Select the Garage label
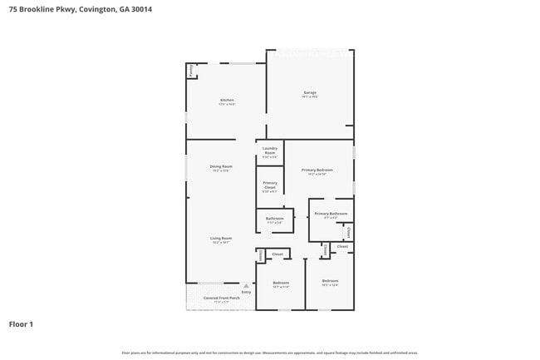(x=309, y=92)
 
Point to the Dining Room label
(x=221, y=166)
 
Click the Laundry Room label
(x=270, y=150)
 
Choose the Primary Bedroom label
(x=319, y=170)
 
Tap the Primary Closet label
(x=270, y=185)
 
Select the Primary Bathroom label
(x=331, y=214)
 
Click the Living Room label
(x=221, y=238)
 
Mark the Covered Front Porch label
(x=215, y=297)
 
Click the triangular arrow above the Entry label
(x=246, y=285)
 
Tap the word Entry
(x=246, y=292)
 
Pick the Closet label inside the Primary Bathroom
(x=349, y=233)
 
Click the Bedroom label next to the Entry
(x=281, y=283)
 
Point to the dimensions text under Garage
(x=309, y=97)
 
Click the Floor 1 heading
(x=21, y=323)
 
